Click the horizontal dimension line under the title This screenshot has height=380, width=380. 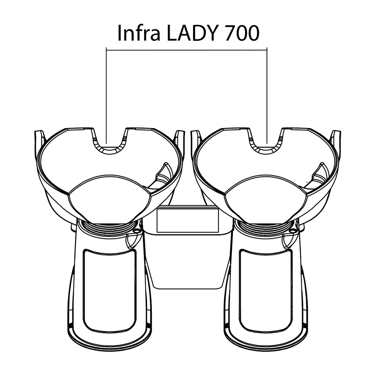click(x=187, y=49)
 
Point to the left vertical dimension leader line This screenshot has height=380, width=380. click(x=107, y=95)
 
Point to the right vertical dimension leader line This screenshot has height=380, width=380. click(x=268, y=95)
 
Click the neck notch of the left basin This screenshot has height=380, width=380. click(x=109, y=148)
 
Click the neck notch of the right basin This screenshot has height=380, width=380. click(x=266, y=148)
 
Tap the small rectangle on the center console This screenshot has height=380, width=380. click(x=187, y=220)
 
